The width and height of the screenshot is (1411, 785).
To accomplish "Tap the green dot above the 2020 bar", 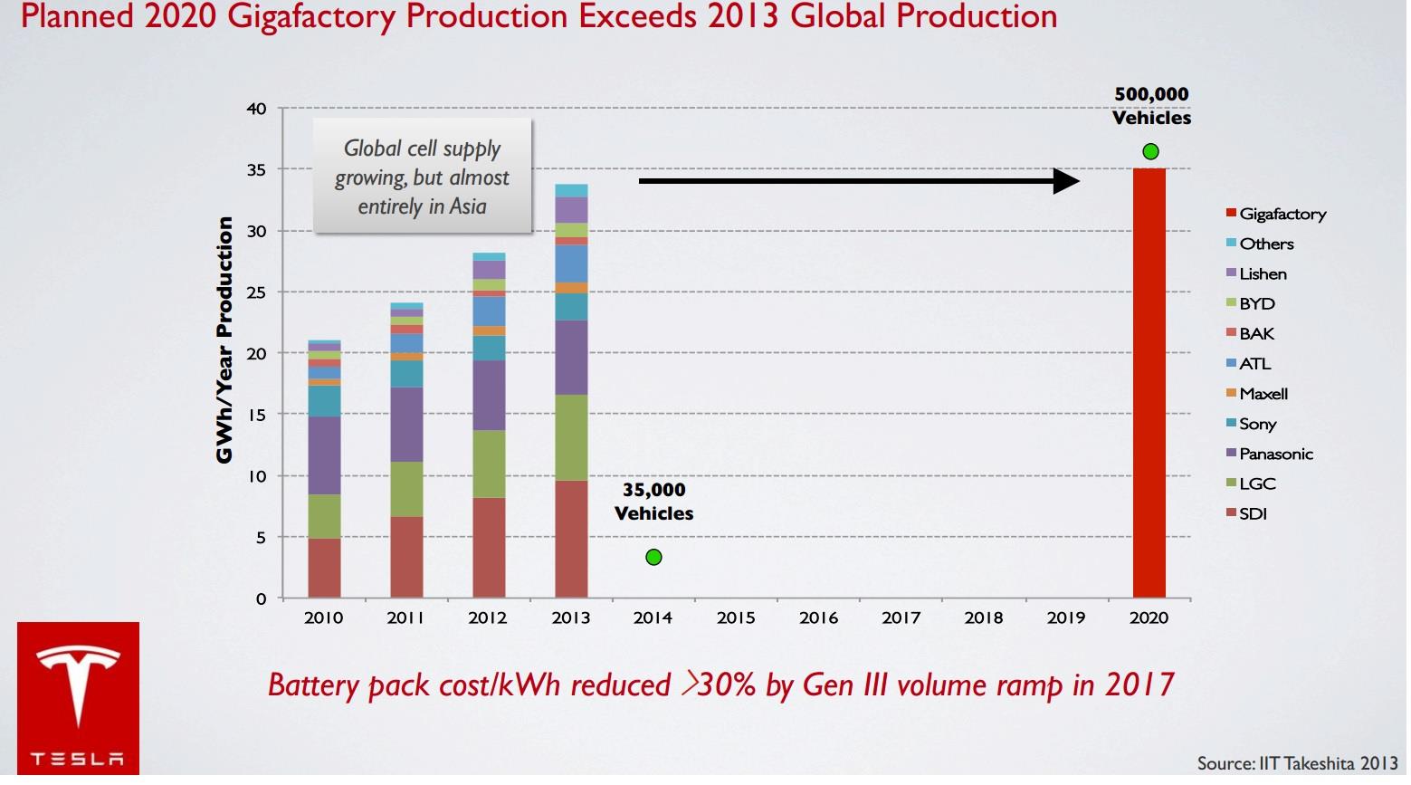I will [1150, 151].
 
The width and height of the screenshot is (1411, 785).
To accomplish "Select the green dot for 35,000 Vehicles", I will [653, 557].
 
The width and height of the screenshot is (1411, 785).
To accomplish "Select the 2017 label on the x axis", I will [901, 617].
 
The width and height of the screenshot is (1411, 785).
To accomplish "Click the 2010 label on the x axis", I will [323, 617].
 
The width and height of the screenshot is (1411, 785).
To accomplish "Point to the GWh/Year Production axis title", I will [224, 340].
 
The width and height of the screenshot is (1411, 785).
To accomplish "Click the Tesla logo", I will [78, 697].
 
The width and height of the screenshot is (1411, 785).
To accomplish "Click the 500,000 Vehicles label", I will [1151, 106].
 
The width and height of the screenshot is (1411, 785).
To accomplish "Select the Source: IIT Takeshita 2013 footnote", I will [1297, 763].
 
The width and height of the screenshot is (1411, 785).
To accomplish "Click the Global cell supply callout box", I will [422, 177].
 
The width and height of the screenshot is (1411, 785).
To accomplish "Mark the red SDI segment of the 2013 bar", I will [571, 539].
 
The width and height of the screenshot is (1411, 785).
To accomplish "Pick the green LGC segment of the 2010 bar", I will [324, 516].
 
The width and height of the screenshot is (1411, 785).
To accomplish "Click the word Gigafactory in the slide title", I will [313, 16].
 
